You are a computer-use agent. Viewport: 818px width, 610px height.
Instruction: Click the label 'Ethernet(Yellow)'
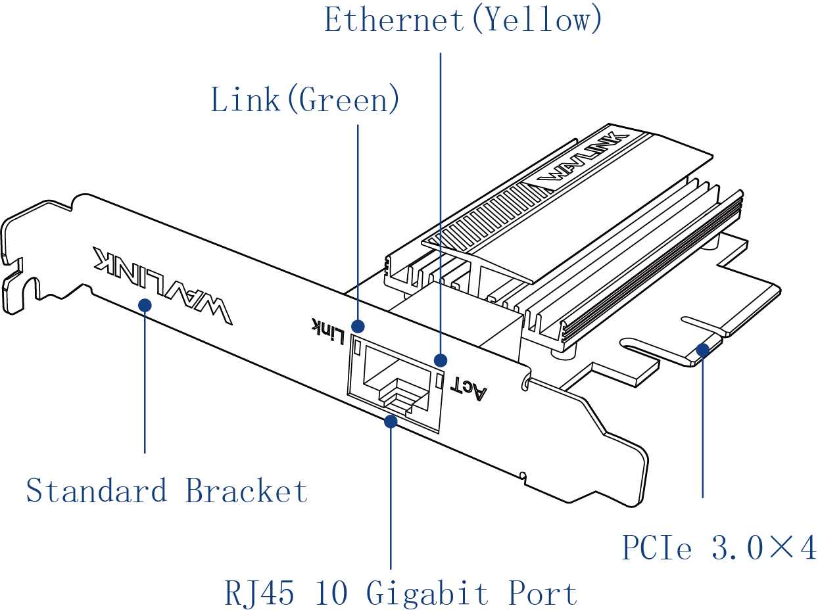[463, 20]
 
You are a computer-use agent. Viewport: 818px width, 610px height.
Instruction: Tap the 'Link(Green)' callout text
[305, 101]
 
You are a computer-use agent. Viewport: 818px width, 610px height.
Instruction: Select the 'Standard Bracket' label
[167, 491]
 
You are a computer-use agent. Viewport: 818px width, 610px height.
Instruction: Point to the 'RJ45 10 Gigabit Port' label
[400, 593]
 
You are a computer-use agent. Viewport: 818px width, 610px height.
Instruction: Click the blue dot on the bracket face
[145, 305]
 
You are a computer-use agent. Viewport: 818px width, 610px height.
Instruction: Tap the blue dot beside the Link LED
[358, 326]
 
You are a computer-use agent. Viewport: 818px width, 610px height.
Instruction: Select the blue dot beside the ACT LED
[441, 360]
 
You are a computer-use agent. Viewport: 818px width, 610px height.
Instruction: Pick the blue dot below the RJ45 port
[391, 421]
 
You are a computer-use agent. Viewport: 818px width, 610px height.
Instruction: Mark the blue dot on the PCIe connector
[702, 349]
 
